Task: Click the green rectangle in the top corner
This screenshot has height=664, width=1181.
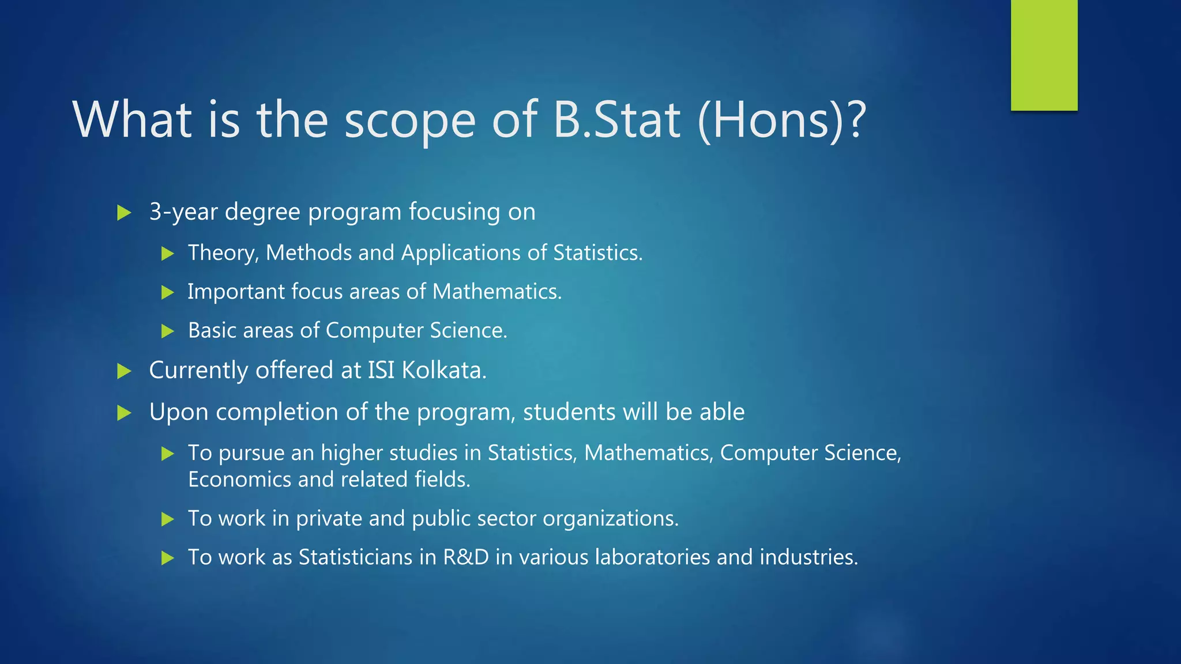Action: (x=1044, y=55)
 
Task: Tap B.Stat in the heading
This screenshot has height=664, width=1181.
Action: (x=616, y=120)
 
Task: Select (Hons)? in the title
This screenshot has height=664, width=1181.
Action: (x=782, y=120)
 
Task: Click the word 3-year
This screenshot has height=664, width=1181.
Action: (x=183, y=213)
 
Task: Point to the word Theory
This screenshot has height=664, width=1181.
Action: (x=223, y=254)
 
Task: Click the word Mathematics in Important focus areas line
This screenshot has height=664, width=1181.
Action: (x=497, y=292)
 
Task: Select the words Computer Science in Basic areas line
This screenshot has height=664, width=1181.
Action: (x=416, y=331)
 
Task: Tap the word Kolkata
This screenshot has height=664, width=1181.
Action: (x=444, y=370)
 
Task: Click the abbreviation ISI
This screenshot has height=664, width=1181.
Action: (x=381, y=370)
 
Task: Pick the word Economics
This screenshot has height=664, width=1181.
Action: (x=239, y=480)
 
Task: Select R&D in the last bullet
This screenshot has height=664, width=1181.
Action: (x=465, y=557)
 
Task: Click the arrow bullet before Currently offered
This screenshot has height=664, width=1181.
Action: (x=124, y=371)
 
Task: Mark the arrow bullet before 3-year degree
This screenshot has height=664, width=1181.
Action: (x=124, y=213)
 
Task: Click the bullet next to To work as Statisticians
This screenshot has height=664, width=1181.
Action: (x=168, y=558)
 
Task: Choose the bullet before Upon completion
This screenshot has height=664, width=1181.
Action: (x=124, y=413)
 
